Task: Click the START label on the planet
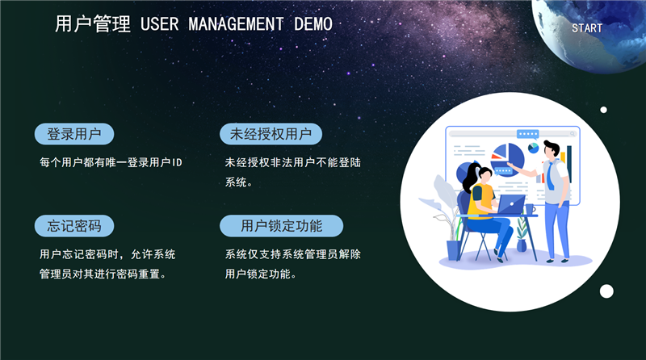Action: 587,28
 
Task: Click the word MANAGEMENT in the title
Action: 236,24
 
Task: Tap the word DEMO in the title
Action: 313,24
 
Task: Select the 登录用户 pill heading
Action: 74,134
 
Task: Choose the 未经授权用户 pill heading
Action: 271,134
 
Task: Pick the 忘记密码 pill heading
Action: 74,226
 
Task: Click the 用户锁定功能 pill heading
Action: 281,226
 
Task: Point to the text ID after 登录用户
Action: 177,162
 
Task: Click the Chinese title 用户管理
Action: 93,23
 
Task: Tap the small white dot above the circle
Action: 603,110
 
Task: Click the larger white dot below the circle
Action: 606,291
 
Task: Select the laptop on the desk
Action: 510,205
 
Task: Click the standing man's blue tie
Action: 552,175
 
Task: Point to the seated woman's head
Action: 481,175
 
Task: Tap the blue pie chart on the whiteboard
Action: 508,158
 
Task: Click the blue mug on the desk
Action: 530,209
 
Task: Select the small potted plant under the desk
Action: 522,234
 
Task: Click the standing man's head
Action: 552,149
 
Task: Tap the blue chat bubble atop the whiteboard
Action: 528,134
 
